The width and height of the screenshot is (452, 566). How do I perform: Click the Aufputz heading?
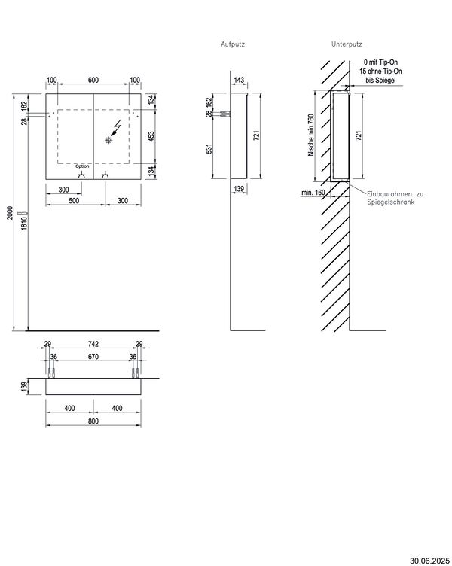coord(233,44)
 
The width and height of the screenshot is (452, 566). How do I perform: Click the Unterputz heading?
coord(347,44)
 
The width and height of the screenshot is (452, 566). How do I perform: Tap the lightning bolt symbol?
coord(117,128)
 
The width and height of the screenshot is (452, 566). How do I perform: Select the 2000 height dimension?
coord(10,212)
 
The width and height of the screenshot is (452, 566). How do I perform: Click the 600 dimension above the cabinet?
coord(93,80)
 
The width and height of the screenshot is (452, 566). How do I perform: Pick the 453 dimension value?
coord(151,136)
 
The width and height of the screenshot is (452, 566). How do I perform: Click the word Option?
coord(82,166)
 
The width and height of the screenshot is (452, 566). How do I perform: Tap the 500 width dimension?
coord(74,201)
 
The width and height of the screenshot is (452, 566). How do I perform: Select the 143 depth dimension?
coord(240,80)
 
